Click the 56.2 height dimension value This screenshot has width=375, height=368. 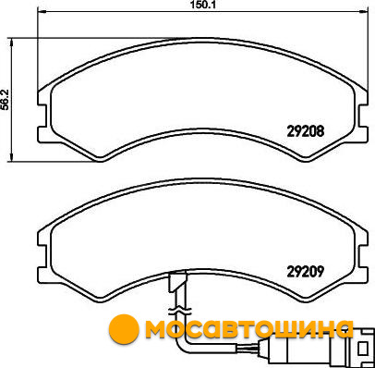[x=6, y=100]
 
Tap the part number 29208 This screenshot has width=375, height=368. [x=306, y=131]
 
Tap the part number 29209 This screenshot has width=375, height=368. [x=306, y=272]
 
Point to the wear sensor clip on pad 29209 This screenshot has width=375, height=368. [x=177, y=282]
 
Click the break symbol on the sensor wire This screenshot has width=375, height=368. [x=179, y=311]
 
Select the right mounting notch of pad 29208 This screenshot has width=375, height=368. [x=363, y=116]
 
